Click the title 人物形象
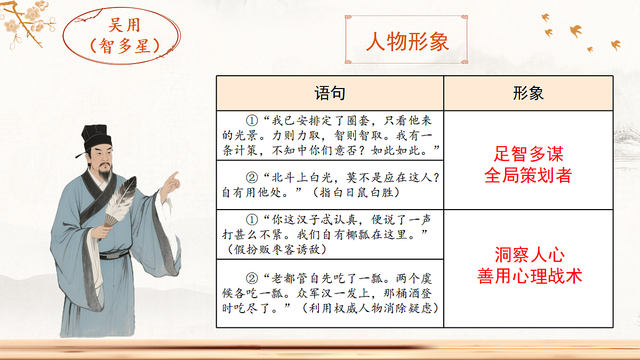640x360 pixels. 407,42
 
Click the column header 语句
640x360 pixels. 330,93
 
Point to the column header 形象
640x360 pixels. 528,93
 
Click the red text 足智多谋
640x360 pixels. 528,154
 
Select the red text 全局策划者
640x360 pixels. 528,175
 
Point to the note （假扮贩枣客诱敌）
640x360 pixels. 277,249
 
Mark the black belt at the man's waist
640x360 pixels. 112,254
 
